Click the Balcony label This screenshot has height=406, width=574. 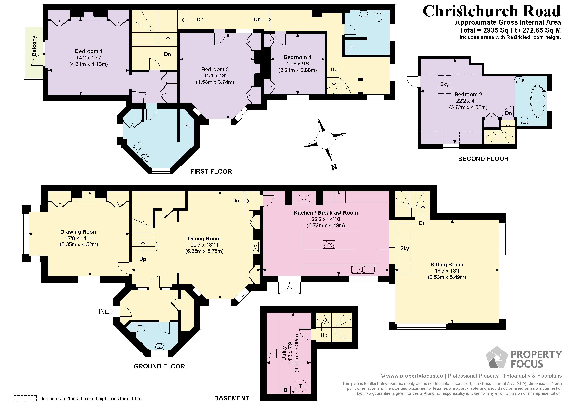tap(34, 46)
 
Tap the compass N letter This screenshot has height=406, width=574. tap(334, 167)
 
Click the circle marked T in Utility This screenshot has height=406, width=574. tap(301, 386)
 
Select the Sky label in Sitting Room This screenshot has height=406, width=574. tap(404, 248)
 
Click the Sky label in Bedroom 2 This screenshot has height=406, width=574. tap(444, 84)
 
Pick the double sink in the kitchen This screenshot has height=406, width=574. tap(363, 269)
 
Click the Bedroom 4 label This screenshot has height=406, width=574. tap(297, 57)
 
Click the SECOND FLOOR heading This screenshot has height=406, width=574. tap(483, 159)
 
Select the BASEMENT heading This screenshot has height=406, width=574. tap(232, 398)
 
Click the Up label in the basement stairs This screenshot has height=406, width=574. tap(324, 335)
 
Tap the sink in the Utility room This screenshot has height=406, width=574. tap(273, 353)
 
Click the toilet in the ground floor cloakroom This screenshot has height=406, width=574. tap(141, 328)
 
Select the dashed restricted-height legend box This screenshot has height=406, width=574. tap(25, 398)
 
